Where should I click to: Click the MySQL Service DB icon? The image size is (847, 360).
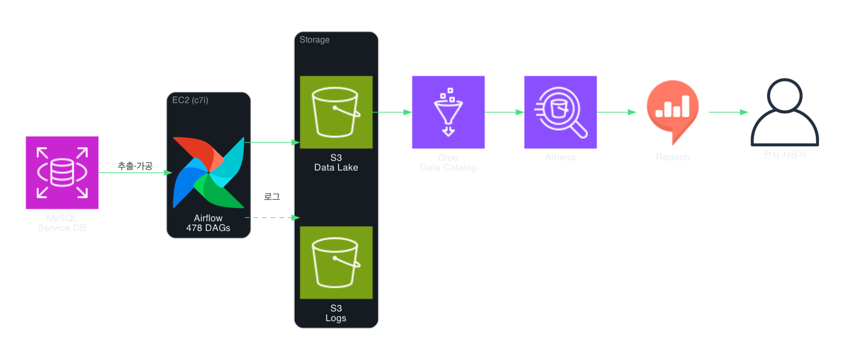coord(62,172)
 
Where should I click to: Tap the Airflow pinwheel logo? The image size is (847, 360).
coord(208,172)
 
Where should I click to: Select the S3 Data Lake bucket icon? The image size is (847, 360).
coord(336,112)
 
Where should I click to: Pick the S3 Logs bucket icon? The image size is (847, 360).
coord(336,262)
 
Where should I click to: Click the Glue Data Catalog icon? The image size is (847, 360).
coord(448,112)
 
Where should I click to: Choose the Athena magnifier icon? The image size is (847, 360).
coord(560,112)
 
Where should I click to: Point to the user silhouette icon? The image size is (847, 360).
coord(784,112)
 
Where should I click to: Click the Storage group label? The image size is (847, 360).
coord(315,40)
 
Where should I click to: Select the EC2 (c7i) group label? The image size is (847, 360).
coord(190,100)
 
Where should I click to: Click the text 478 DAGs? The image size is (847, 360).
coord(208,228)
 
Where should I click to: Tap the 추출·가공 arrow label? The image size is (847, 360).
coord(135,166)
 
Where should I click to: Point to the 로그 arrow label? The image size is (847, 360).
coord(272,197)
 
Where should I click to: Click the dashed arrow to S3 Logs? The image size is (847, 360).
coord(272,218)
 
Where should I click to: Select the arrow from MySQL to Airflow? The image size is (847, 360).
coord(135,173)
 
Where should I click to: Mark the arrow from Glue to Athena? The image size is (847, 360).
coord(504,112)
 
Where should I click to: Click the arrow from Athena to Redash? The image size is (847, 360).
coord(616,112)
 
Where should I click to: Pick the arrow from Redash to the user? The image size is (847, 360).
coord(728,112)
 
